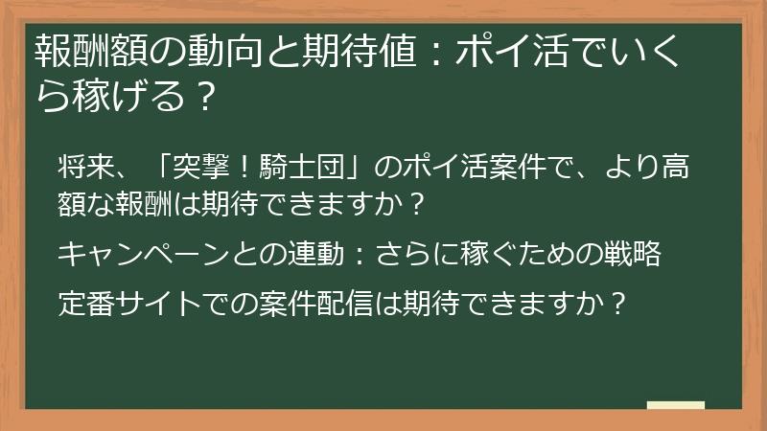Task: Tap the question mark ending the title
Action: click(201, 95)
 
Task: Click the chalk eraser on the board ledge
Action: click(676, 405)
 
